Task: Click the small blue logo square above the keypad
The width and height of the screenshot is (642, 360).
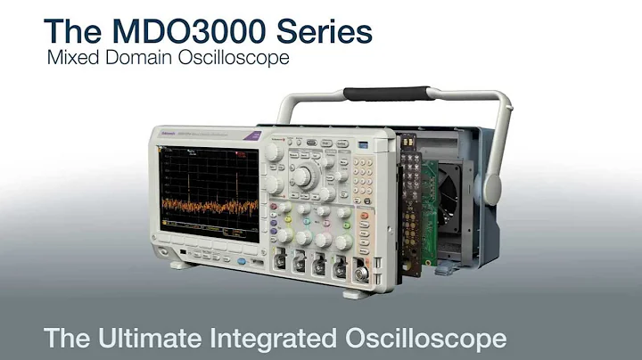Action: click(363, 143)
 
